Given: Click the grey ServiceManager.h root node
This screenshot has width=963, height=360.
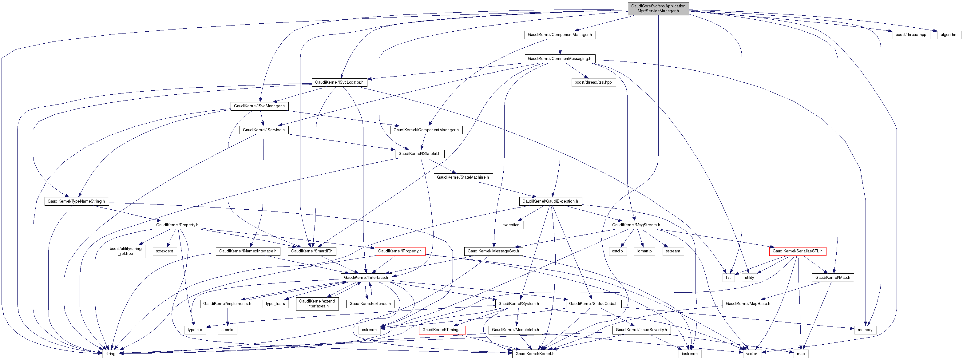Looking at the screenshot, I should [658, 9].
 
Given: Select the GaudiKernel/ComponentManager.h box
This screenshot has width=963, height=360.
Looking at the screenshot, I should [560, 35].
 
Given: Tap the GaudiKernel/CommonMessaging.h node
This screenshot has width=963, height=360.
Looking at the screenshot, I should [559, 59].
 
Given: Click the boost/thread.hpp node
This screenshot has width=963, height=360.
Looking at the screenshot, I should [911, 35].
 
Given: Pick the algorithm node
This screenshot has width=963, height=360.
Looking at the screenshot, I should [949, 35].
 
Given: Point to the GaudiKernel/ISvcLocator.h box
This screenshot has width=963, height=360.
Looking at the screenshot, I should [339, 82].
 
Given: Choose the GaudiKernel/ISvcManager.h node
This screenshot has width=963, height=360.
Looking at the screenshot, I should [259, 106].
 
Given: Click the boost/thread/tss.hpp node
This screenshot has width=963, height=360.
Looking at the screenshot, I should [593, 82].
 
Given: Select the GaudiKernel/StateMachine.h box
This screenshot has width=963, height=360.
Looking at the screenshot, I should [463, 177].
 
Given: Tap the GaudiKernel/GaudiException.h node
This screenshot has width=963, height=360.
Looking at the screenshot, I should [550, 201].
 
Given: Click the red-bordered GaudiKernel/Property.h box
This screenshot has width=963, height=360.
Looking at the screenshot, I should [177, 225].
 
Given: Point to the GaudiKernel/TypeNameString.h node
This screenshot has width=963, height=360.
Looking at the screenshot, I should [76, 201].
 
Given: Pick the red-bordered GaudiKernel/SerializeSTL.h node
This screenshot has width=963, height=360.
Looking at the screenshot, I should [797, 251].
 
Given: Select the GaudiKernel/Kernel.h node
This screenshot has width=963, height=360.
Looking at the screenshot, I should [535, 354].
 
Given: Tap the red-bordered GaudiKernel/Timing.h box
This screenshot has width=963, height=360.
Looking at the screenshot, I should [442, 330].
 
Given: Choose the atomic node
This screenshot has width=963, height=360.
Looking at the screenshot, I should [227, 330].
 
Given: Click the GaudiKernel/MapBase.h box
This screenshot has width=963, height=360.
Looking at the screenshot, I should [748, 303].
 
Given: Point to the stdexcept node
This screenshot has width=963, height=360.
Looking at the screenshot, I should [164, 251].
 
